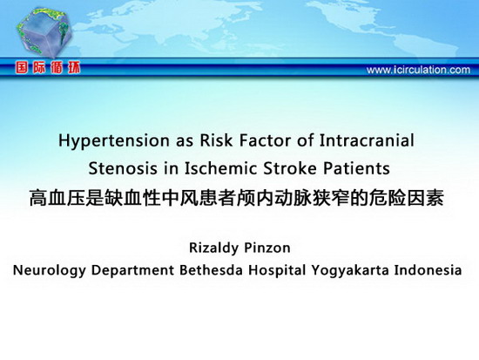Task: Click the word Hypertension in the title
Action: pyautogui.click(x=113, y=141)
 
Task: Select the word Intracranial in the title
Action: pyautogui.click(x=367, y=140)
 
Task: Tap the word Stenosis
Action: pyautogui.click(x=123, y=168)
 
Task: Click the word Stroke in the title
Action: pyautogui.click(x=291, y=168)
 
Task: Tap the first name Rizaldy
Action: pyautogui.click(x=212, y=248)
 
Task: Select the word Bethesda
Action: pyautogui.click(x=211, y=270)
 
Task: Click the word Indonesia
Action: pyautogui.click(x=428, y=270)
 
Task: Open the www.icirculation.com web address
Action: pyautogui.click(x=418, y=70)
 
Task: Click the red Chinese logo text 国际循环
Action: pyautogui.click(x=48, y=67)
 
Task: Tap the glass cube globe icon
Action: pyautogui.click(x=44, y=32)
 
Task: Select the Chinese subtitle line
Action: pyautogui.click(x=236, y=198)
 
